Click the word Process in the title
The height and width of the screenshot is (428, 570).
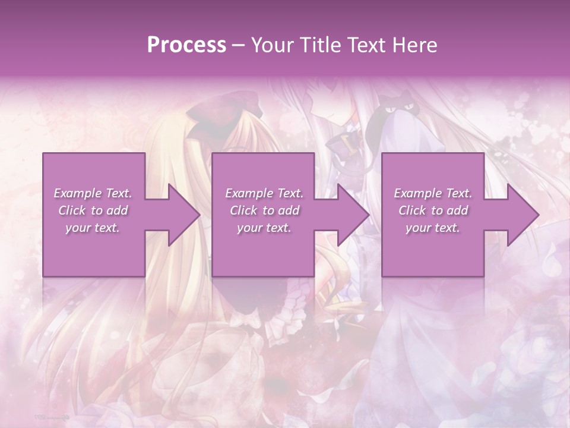click(186, 45)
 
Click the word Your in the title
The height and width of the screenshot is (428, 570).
click(270, 45)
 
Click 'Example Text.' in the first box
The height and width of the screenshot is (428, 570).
click(93, 193)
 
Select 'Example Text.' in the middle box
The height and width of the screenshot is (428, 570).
click(264, 193)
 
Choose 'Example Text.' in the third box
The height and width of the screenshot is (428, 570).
click(433, 193)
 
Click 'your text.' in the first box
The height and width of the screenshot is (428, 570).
click(93, 228)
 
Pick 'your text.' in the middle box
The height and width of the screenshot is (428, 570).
click(264, 228)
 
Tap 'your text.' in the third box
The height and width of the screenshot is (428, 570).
click(433, 228)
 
